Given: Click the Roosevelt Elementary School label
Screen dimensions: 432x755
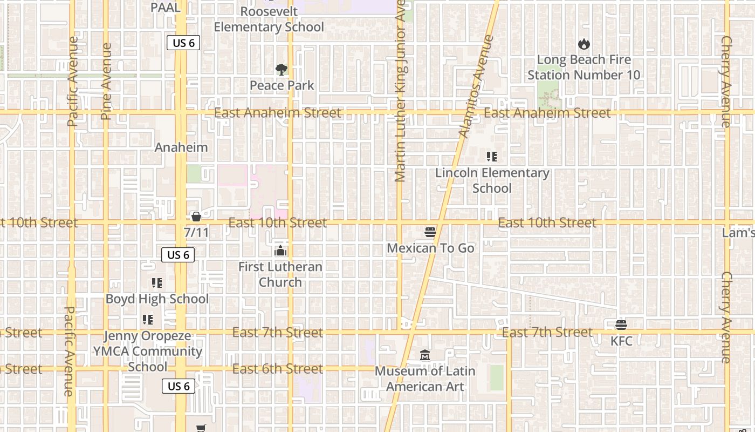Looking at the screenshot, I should (x=269, y=19).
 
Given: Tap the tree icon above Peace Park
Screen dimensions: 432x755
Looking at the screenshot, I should (x=281, y=69).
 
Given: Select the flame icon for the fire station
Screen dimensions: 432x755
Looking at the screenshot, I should (x=584, y=44).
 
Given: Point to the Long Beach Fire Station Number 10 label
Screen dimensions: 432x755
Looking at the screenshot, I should (x=584, y=67).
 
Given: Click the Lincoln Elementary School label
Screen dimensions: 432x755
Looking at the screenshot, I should (x=492, y=180).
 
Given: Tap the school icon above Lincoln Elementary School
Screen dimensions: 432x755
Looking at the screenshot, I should (x=491, y=157).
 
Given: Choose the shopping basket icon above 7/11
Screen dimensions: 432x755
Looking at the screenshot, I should (x=196, y=217).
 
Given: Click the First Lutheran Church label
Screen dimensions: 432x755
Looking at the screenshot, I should (x=280, y=274).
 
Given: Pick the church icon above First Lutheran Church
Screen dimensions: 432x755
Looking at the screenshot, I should (x=280, y=251).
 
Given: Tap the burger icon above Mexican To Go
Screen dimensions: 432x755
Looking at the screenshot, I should (x=430, y=232).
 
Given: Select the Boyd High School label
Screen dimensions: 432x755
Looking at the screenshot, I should (x=157, y=299).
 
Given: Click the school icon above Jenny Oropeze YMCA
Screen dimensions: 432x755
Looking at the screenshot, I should (x=147, y=320).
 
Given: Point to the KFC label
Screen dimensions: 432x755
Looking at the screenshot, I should (x=621, y=341).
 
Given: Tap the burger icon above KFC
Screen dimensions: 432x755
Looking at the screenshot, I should (x=621, y=325).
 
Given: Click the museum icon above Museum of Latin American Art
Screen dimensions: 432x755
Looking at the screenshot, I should (x=425, y=355).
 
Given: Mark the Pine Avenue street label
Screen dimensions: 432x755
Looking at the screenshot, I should (x=106, y=81).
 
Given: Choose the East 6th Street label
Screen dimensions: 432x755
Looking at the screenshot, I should (x=277, y=369).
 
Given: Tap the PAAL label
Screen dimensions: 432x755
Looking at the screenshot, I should (x=166, y=8).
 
